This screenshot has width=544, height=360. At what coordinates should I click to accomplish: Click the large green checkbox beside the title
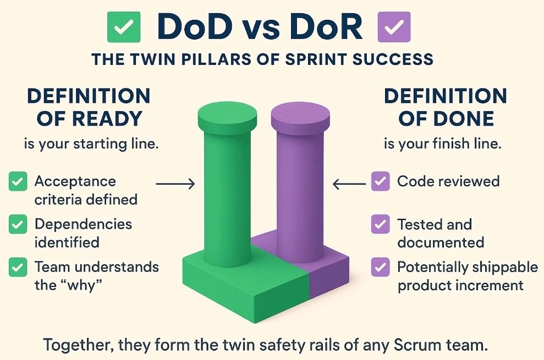[124, 27]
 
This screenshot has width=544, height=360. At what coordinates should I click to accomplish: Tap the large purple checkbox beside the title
[394, 27]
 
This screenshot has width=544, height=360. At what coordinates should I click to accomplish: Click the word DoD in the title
[195, 27]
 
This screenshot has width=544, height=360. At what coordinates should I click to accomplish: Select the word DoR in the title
[325, 27]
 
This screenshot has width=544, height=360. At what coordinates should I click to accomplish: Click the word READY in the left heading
[108, 119]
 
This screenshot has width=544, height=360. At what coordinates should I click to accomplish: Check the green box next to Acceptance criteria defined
[18, 181]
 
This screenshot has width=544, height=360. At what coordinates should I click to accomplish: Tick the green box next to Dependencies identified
[18, 224]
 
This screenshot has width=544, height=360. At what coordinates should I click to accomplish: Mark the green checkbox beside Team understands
[18, 267]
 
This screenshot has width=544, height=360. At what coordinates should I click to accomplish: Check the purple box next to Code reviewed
[380, 181]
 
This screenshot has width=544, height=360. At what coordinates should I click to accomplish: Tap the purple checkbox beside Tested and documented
[380, 224]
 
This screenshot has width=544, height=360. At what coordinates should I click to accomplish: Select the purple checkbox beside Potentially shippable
[380, 267]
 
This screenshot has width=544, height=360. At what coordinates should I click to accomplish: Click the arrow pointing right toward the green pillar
[175, 184]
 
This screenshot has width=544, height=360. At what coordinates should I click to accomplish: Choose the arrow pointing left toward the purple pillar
[349, 184]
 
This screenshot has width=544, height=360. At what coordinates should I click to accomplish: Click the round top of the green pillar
[227, 113]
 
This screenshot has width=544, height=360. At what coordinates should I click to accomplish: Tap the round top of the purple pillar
[300, 113]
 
